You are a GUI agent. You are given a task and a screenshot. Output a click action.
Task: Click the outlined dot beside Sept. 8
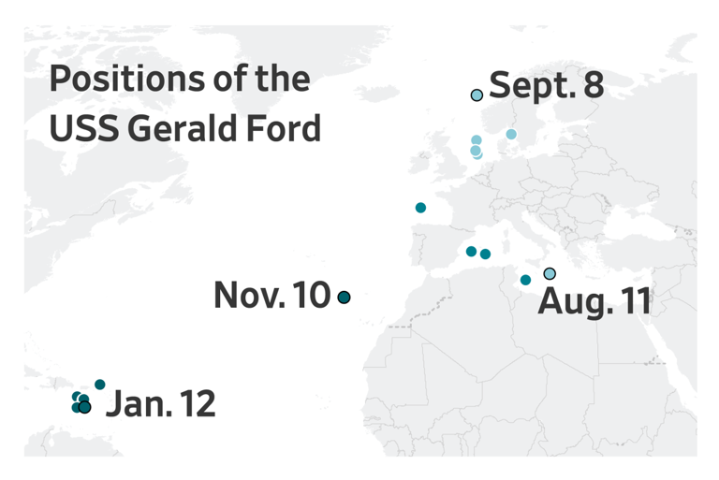click(x=477, y=95)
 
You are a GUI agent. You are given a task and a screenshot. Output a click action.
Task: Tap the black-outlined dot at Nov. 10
click(x=344, y=298)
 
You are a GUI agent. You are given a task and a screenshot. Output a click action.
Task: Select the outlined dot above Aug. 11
click(x=550, y=273)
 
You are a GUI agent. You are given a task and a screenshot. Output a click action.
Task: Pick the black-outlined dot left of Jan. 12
click(x=85, y=407)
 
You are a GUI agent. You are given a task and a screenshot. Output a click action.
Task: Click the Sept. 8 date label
click(x=547, y=86)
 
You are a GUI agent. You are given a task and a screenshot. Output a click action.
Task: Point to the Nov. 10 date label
click(x=271, y=297)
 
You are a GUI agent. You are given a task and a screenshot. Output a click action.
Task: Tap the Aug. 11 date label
click(x=594, y=302)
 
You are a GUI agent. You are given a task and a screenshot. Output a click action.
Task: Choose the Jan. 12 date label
click(x=161, y=405)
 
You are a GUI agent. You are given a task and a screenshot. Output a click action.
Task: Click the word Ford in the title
click(x=286, y=128)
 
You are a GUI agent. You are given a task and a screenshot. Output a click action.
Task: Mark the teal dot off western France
click(x=420, y=208)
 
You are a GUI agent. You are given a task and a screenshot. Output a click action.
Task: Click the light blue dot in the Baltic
click(x=511, y=134)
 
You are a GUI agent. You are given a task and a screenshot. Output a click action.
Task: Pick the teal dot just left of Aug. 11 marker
click(x=525, y=280)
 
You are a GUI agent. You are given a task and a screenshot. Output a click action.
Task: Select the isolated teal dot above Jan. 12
click(x=100, y=385)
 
